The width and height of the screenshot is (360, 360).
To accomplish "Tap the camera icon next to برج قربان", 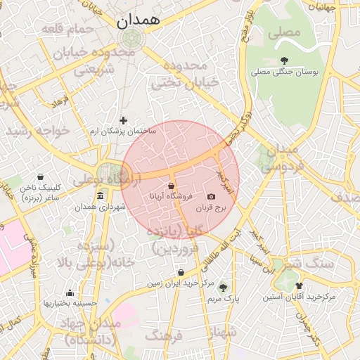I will (211, 197).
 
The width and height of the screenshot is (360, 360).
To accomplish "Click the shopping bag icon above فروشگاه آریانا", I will (171, 186).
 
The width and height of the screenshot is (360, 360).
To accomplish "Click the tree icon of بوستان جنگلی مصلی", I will (284, 60).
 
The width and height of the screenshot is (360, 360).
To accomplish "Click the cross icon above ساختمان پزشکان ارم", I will (124, 120).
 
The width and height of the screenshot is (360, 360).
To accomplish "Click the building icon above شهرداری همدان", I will (100, 195).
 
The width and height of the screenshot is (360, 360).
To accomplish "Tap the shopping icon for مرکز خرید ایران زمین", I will (181, 272).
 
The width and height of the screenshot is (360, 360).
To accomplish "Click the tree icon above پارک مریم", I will (224, 287).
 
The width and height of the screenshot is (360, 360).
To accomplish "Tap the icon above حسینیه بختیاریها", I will (70, 292).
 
